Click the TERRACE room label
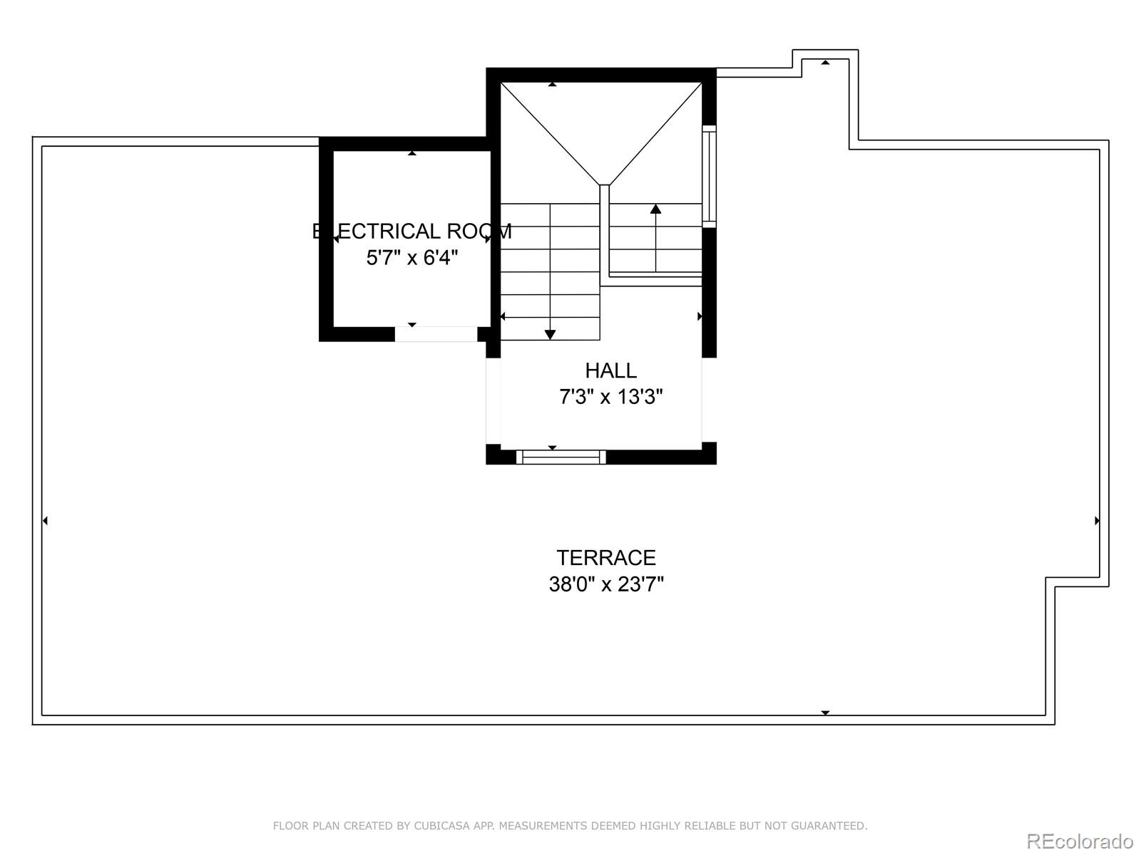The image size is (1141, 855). [x=605, y=557]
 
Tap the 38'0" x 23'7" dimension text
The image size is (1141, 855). [x=605, y=584]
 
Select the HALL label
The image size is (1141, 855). [x=610, y=370]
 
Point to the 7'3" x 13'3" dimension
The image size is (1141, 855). [x=610, y=397]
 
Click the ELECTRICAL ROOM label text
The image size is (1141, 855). [x=411, y=232]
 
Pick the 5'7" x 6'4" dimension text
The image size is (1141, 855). [x=411, y=258]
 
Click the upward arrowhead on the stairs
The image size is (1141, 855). [x=655, y=209]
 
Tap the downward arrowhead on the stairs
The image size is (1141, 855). [x=550, y=334]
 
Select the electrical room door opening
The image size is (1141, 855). [x=436, y=334]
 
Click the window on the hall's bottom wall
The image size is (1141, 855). [x=561, y=457]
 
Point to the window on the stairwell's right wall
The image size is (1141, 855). [x=709, y=176]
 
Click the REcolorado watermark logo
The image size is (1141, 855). [x=1080, y=841]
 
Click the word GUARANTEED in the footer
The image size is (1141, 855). [x=829, y=826]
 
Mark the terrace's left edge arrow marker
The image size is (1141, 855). [x=45, y=521]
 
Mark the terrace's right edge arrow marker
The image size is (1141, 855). [x=1097, y=521]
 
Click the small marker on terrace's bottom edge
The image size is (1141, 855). [x=825, y=712]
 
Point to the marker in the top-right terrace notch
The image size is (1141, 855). [x=825, y=63]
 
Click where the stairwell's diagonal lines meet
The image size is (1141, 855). [x=604, y=184]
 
